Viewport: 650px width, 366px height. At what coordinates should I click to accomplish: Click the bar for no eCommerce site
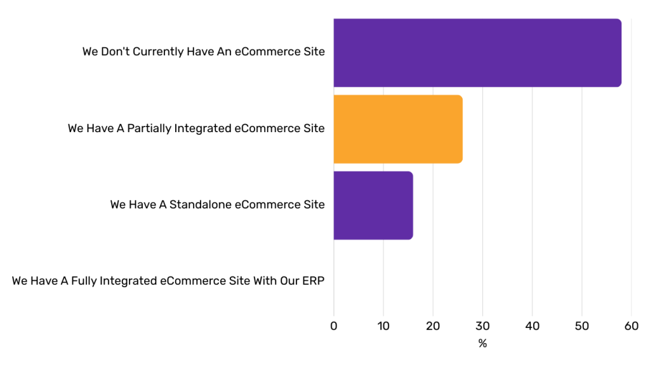(x=477, y=53)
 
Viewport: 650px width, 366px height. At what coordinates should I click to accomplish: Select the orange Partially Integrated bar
(x=397, y=129)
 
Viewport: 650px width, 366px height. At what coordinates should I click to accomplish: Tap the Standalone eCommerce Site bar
(x=373, y=205)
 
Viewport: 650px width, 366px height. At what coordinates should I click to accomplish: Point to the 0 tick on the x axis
(x=334, y=326)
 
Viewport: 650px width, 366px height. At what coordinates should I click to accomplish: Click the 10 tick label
(x=383, y=326)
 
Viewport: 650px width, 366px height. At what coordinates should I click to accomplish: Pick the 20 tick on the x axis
(x=433, y=326)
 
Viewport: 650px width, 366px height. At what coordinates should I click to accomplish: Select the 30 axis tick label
(x=482, y=326)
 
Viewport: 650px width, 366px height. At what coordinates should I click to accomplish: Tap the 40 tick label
(x=532, y=326)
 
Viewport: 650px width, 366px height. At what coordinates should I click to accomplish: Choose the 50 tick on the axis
(x=582, y=326)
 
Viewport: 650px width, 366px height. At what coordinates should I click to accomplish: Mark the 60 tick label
(x=632, y=326)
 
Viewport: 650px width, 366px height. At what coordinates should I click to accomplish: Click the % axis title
(x=482, y=344)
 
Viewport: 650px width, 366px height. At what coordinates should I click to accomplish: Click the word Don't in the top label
(x=114, y=52)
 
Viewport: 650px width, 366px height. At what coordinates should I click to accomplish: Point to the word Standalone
(x=199, y=205)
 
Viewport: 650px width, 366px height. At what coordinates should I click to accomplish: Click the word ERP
(x=314, y=281)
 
